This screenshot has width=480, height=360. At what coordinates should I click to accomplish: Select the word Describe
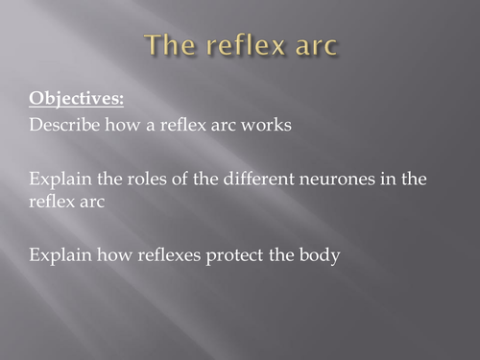coord(61,126)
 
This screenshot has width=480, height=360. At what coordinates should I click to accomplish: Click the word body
coord(321,257)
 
